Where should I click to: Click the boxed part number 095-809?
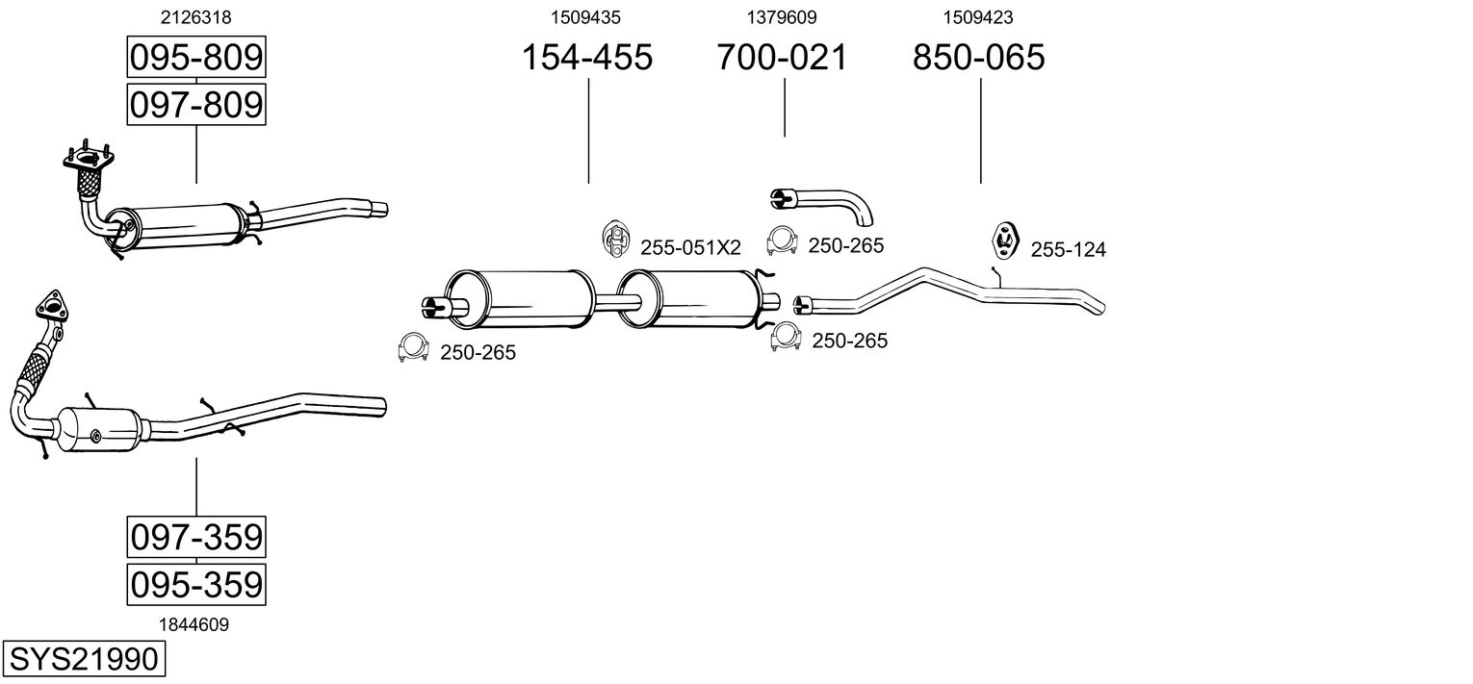(x=195, y=58)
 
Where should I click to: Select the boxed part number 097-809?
(x=195, y=104)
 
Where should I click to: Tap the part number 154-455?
(x=586, y=58)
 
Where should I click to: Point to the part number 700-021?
(x=782, y=58)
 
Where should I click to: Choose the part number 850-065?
(x=978, y=58)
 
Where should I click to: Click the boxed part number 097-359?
(x=195, y=537)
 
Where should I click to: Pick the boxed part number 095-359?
(x=195, y=584)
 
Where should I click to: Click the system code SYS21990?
(x=83, y=660)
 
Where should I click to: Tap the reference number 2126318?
(x=195, y=17)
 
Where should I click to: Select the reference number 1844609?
(x=195, y=624)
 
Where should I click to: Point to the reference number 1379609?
(x=782, y=17)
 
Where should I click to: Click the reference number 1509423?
(x=978, y=17)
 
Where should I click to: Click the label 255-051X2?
(x=690, y=248)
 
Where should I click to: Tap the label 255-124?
(x=1068, y=250)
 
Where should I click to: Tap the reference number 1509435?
(x=586, y=17)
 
